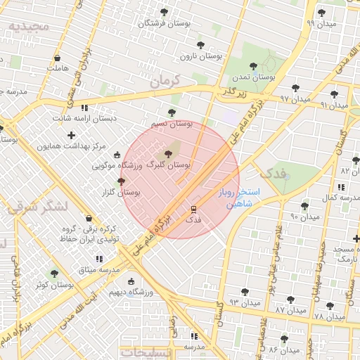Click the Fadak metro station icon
click(193, 209)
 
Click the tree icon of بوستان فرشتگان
click(165, 12)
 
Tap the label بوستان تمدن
click(254, 76)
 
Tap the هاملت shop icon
click(57, 58)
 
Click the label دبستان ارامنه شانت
click(68, 118)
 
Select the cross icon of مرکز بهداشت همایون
click(71, 134)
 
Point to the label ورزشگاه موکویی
click(117, 166)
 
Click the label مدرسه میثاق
click(97, 269)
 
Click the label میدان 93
click(244, 302)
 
